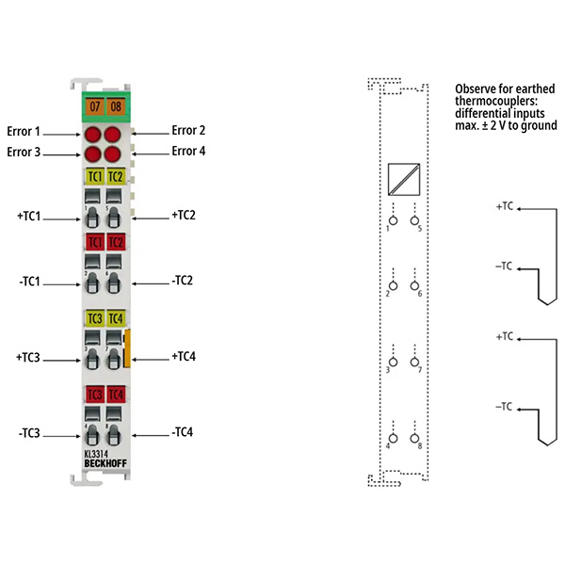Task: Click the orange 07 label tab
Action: point(95,106)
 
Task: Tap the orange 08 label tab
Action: point(116,106)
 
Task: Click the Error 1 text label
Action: point(24,132)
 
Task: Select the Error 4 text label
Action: point(188,151)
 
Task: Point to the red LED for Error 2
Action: point(112,135)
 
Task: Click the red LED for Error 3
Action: point(92,154)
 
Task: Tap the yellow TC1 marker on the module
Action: point(95,177)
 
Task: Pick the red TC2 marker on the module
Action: point(116,242)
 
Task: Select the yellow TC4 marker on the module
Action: point(116,318)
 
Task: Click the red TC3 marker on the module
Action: point(95,395)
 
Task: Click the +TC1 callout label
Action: point(29,217)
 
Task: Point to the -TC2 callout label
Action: point(182,281)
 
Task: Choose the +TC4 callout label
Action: point(184,356)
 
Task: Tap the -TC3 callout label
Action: point(29,433)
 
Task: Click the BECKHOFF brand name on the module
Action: point(105,463)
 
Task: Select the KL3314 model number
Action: point(96,454)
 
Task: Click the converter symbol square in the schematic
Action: point(404,180)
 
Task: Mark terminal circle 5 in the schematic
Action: point(414,220)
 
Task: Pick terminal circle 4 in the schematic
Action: point(393,438)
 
